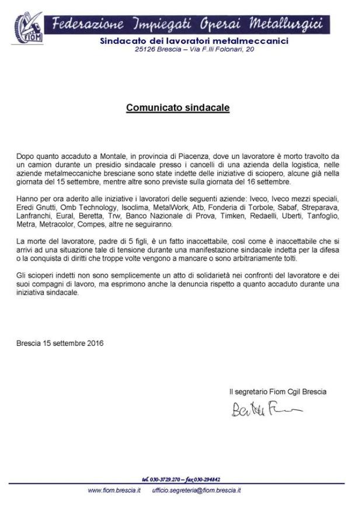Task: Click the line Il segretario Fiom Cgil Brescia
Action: [277, 391]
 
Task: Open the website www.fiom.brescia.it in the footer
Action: [114, 491]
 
